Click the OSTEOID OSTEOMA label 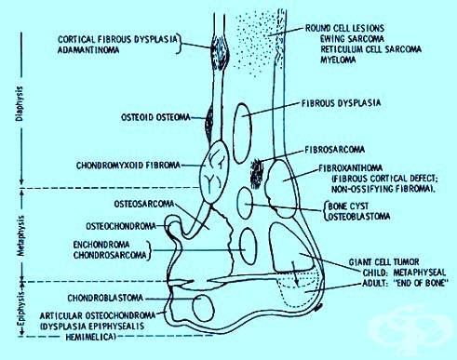pos(155,117)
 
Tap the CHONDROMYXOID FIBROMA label pos(128,166)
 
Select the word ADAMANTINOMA pos(88,49)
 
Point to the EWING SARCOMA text pos(352,39)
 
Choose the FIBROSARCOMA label pos(335,150)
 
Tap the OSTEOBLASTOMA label pos(359,216)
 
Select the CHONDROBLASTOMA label pos(105,298)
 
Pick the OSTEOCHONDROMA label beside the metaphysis pos(121,226)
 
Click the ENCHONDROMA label pos(101,245)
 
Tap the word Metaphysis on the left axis pos(20,236)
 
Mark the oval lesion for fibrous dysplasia pos(242,133)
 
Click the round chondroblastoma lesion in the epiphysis pos(204,308)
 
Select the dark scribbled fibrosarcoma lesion pos(257,174)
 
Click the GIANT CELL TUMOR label pos(383,262)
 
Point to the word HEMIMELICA pos(90,337)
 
